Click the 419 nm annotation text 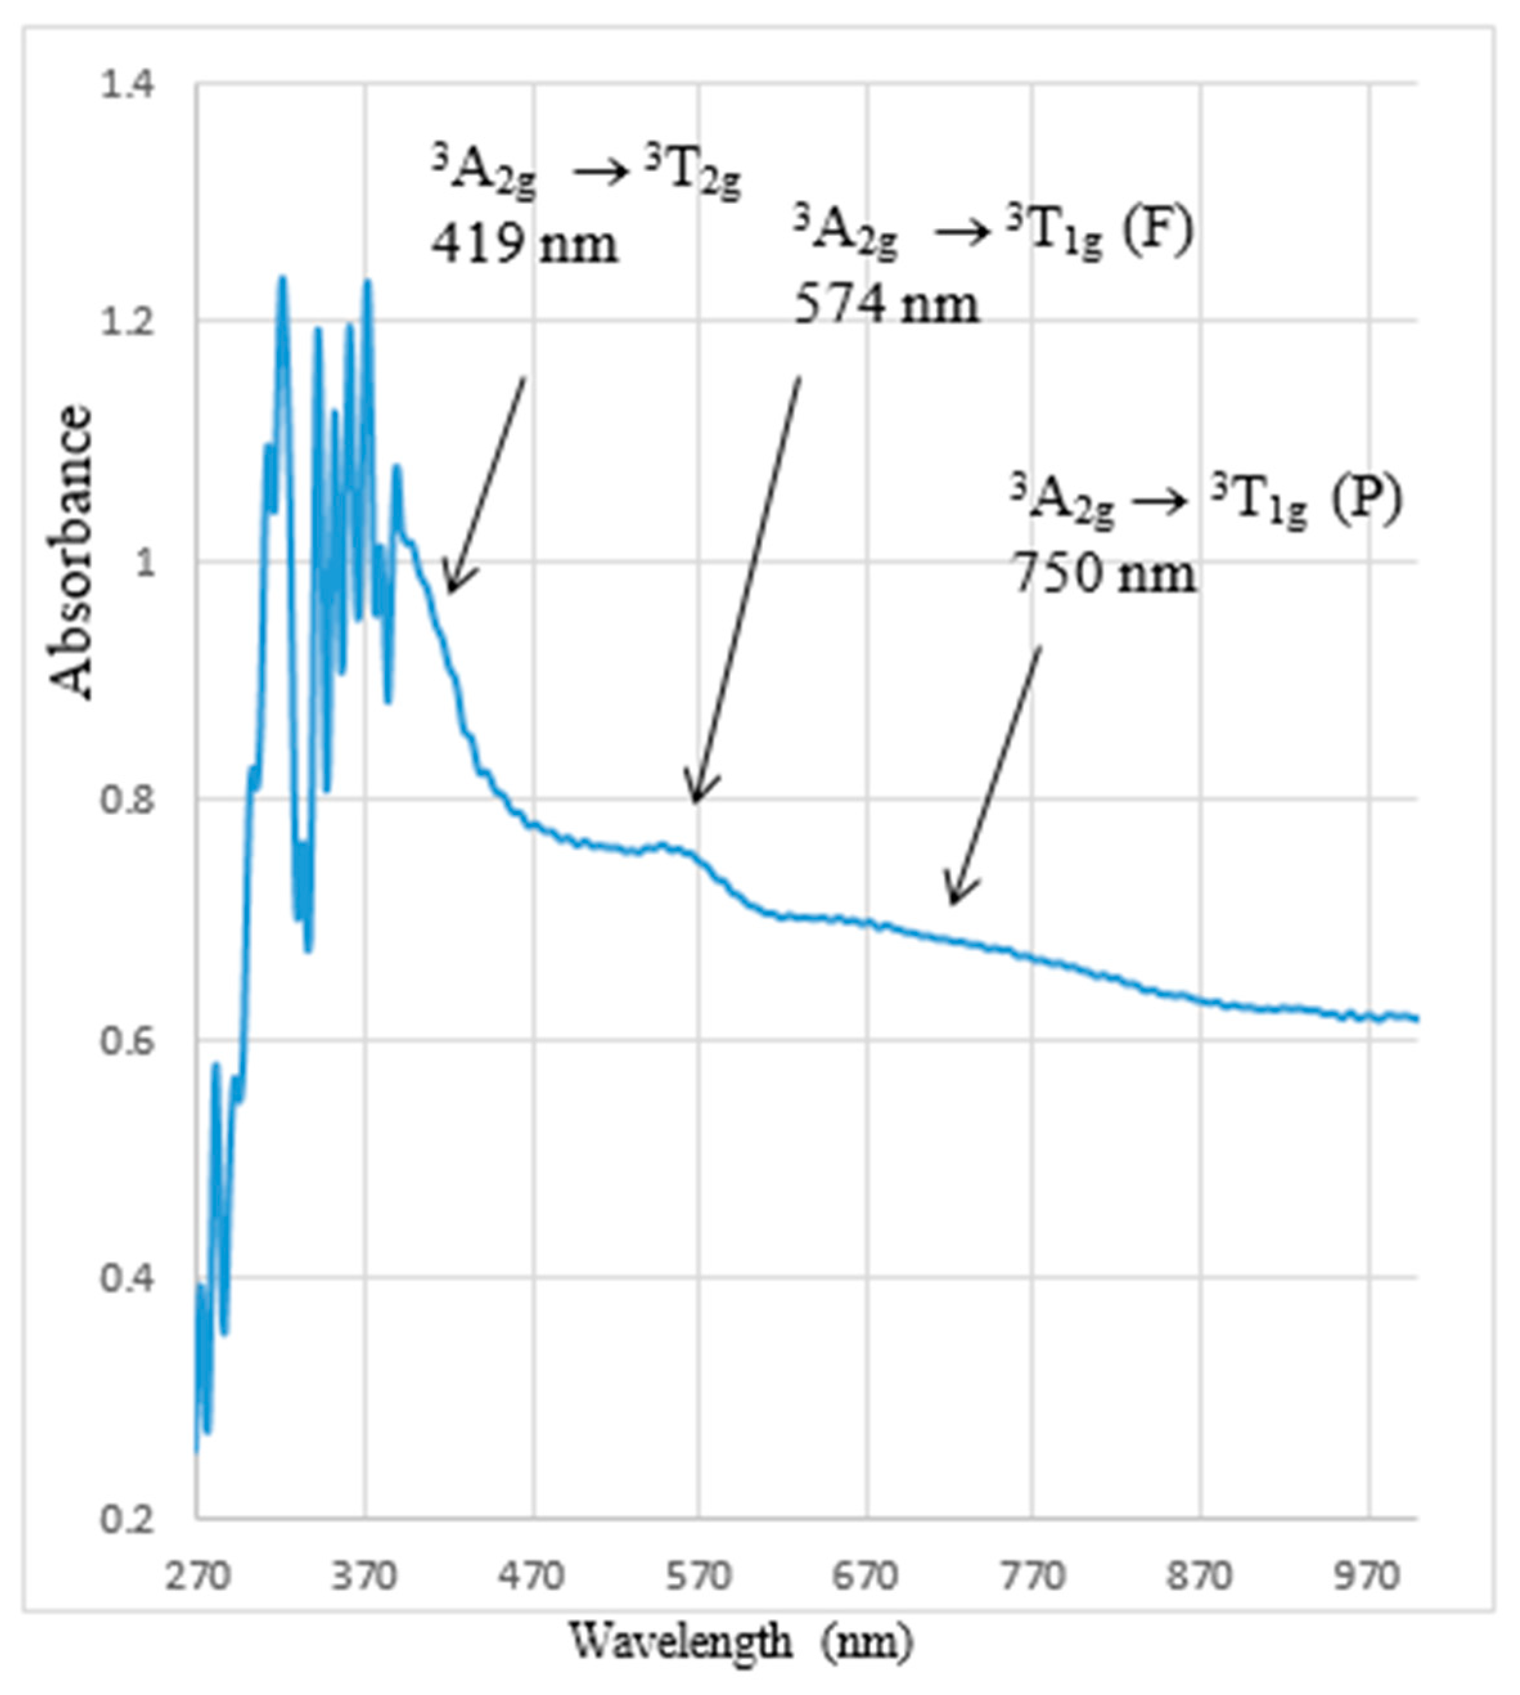pyautogui.click(x=524, y=245)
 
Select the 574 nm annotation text pyautogui.click(x=885, y=305)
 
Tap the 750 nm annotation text pyautogui.click(x=1104, y=575)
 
